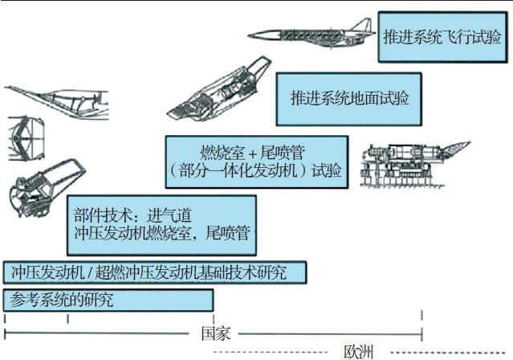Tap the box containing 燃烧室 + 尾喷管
tap(256, 160)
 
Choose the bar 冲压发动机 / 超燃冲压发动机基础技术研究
tap(154, 272)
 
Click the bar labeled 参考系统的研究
tap(108, 301)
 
